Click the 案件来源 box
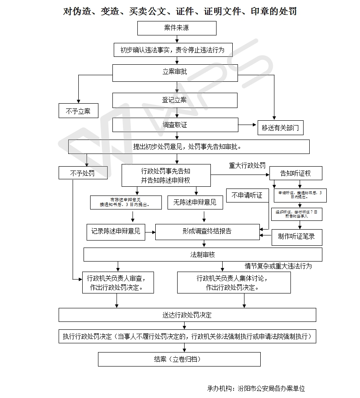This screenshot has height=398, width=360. pyautogui.click(x=177, y=28)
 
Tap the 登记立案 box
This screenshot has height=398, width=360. pyautogui.click(x=175, y=100)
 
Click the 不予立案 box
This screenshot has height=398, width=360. pyautogui.click(x=78, y=111)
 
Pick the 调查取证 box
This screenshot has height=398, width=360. pyautogui.click(x=175, y=125)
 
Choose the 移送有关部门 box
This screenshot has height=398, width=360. pyautogui.click(x=280, y=128)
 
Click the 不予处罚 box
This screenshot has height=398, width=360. pyautogui.click(x=83, y=173)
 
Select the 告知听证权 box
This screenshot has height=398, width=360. pyautogui.click(x=296, y=173)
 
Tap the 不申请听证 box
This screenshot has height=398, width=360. pyautogui.click(x=247, y=196)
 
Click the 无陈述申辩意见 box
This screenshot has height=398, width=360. pyautogui.click(x=195, y=202)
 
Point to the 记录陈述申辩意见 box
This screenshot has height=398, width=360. pyautogui.click(x=115, y=231)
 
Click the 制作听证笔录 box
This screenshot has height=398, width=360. pyautogui.click(x=297, y=237)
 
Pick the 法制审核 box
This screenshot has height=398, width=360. pyautogui.click(x=203, y=255)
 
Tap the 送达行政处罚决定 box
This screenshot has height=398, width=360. pyautogui.click(x=187, y=315)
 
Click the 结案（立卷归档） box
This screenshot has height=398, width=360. pyautogui.click(x=179, y=360)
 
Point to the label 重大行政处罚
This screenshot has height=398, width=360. pyautogui.click(x=247, y=165)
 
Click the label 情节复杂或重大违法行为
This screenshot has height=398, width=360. pyautogui.click(x=278, y=266)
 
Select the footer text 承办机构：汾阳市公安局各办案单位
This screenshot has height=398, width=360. pyautogui.click(x=256, y=388)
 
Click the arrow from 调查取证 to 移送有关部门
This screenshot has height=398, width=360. pyautogui.click(x=248, y=125)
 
